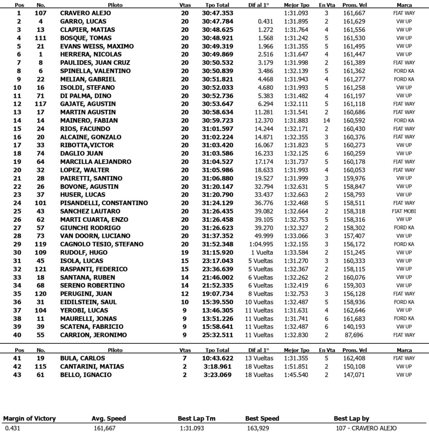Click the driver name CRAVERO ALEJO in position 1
coord(85,13)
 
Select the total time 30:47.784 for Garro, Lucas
coord(217,22)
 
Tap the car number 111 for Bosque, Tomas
coord(41,38)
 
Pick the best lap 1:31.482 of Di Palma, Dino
coord(296,96)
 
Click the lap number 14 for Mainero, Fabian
coord(326,121)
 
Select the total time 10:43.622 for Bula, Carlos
coord(217,359)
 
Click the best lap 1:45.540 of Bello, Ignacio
coord(296,375)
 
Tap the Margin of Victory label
coord(30,419)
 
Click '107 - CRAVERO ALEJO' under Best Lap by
coord(366,429)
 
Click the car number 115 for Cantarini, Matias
coord(41,367)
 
